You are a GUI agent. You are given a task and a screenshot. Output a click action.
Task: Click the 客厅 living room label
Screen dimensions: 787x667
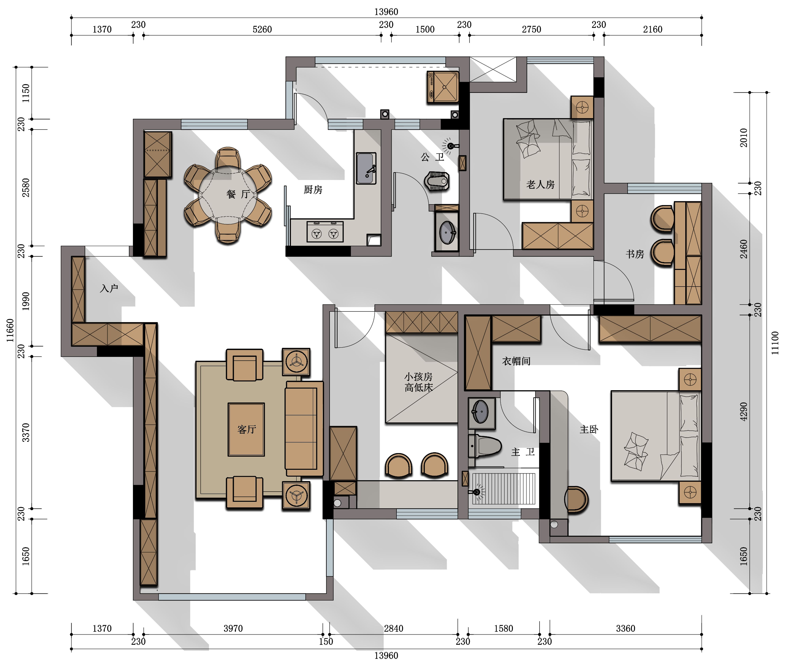coord(247,429)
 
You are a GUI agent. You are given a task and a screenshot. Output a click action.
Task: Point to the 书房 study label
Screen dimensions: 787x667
coord(635,254)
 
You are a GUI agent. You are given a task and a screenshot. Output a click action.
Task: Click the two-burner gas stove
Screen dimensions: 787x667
coord(325,232)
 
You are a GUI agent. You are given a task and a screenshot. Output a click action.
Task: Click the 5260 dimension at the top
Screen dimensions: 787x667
coord(262,29)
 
